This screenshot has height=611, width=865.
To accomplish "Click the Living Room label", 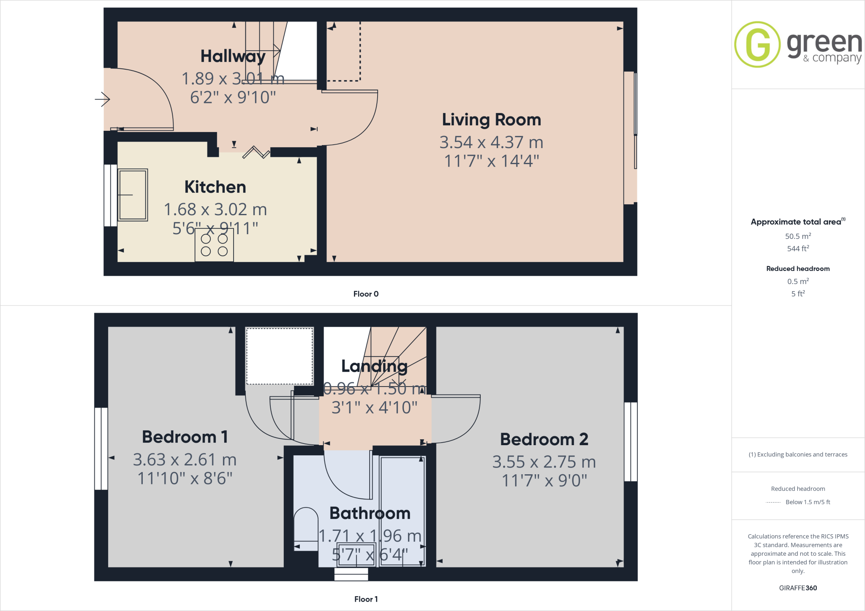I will [x=491, y=120].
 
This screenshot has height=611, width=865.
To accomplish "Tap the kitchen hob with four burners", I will [x=214, y=245].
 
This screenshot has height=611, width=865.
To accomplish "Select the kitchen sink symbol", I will [x=133, y=195].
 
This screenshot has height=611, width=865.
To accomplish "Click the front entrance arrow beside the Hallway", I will [x=102, y=100].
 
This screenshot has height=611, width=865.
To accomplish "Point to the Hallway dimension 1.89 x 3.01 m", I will [x=233, y=78].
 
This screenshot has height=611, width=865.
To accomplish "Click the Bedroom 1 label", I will [x=185, y=437].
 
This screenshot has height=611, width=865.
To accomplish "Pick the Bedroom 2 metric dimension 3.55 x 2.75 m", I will [x=544, y=462].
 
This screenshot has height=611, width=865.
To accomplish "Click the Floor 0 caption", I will [x=366, y=294].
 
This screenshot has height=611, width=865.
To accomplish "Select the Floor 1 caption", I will [x=366, y=599].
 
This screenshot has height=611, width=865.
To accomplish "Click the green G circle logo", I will [x=757, y=44].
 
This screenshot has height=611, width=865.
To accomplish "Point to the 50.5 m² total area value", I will [x=798, y=236].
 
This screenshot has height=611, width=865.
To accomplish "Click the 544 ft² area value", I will [x=798, y=249].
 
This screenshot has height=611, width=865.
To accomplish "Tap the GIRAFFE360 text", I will [x=798, y=588].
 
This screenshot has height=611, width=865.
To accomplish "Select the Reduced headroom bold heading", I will [x=798, y=269].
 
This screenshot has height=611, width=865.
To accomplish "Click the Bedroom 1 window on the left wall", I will [x=101, y=448].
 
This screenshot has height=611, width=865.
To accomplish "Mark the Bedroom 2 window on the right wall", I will [x=631, y=441].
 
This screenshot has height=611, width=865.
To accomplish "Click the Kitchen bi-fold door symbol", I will [x=256, y=152].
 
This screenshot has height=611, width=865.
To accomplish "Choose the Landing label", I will [x=374, y=366].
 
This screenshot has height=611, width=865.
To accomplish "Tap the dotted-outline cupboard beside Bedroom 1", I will [x=280, y=356].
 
